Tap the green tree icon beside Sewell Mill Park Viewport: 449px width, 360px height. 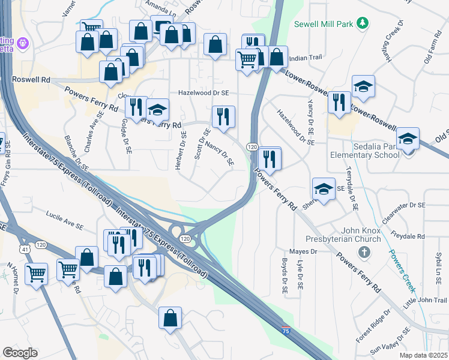pos(362,23)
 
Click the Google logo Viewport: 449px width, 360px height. pos(20,352)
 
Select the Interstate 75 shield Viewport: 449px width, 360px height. pos(287,330)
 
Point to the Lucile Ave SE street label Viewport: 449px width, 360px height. pos(65,219)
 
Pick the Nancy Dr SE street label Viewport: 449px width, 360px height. pos(218,153)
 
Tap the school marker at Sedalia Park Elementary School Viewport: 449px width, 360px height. pos(408,140)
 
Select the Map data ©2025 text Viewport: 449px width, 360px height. pos(423,355)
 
